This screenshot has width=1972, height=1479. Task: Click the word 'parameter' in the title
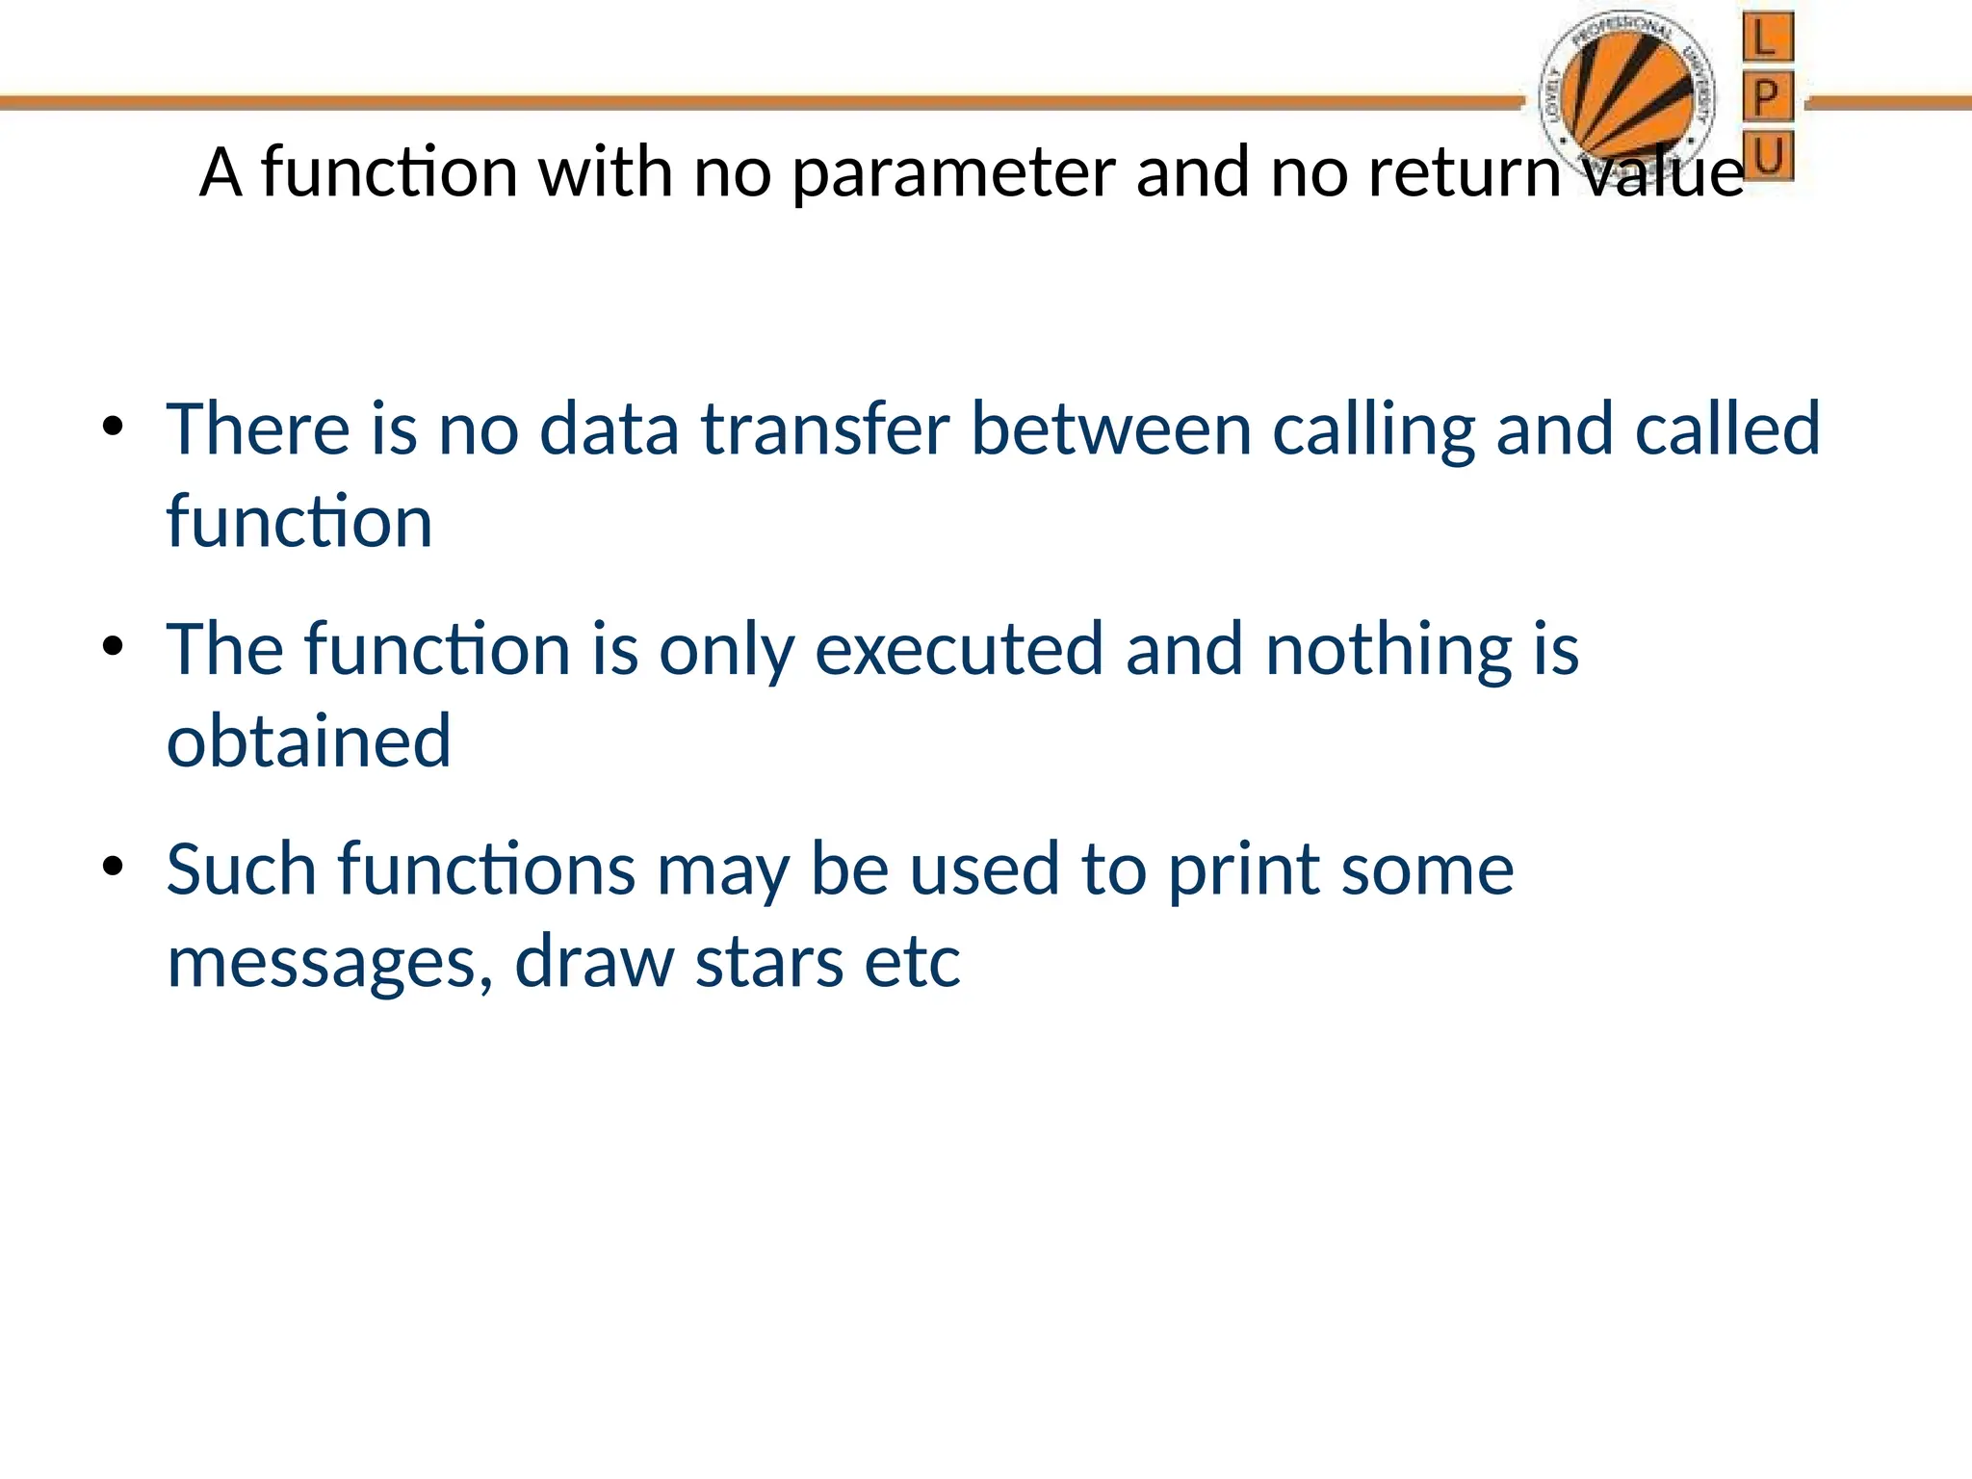tap(952, 174)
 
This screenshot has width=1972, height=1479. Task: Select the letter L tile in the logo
tap(1767, 39)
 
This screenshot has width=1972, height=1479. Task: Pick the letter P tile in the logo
tap(1767, 97)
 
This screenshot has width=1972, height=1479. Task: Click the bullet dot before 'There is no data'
tap(114, 427)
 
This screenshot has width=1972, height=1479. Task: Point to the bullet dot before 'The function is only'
tap(114, 647)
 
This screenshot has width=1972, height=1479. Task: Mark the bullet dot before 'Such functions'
tap(114, 867)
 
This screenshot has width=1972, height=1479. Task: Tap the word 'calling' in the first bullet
tap(1372, 430)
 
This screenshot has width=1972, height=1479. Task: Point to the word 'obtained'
tap(308, 741)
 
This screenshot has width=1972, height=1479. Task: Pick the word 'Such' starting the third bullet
tap(241, 869)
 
